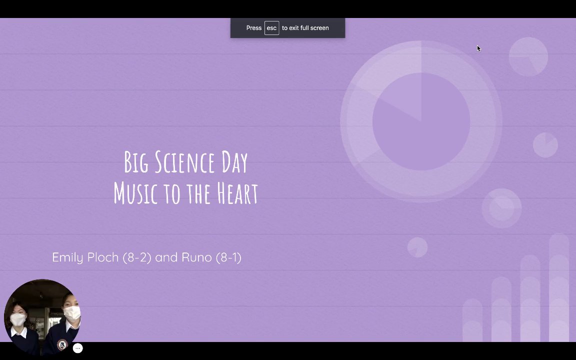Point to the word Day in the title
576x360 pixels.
tap(234, 162)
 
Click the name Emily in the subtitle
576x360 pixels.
tap(67, 257)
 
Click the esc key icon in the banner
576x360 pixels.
tap(272, 28)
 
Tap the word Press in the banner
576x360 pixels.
tap(254, 28)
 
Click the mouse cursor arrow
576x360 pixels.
tap(478, 48)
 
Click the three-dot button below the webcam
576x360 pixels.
tap(77, 348)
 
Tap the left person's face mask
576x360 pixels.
tap(17, 319)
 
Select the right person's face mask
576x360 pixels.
tap(72, 313)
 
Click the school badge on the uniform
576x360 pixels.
tap(62, 344)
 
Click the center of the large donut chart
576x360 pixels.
tap(421, 121)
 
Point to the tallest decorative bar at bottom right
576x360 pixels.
tap(559, 287)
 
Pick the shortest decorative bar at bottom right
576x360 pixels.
tap(472, 320)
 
